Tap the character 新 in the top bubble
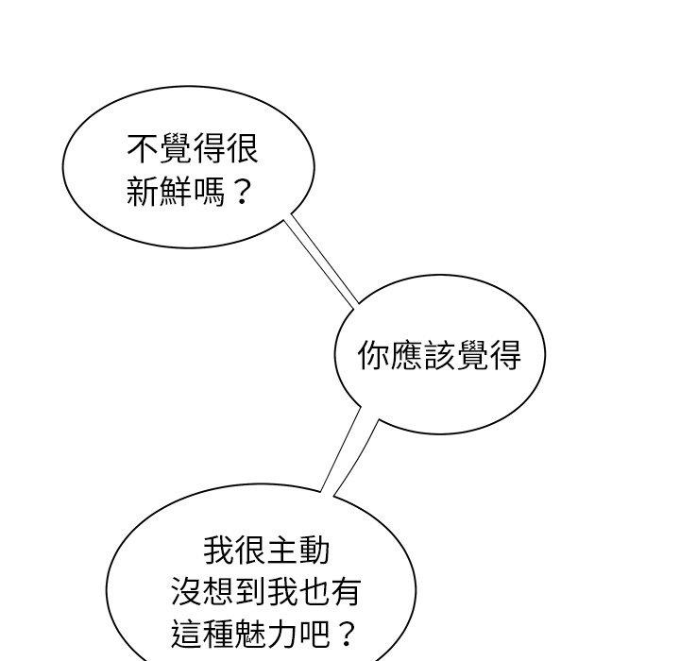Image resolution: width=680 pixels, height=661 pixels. (x=143, y=191)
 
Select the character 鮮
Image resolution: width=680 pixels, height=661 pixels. (x=176, y=191)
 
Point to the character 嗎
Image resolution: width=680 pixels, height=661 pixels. (x=209, y=191)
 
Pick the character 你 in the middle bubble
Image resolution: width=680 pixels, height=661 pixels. (x=374, y=355)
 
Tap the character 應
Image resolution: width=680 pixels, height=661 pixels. (x=406, y=355)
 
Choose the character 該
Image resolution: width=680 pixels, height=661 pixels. (x=439, y=355)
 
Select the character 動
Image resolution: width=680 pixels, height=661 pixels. (x=314, y=551)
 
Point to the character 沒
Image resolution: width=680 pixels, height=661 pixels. (x=187, y=591)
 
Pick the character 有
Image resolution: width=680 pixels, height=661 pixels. (x=347, y=591)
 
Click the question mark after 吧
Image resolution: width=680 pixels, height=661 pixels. (x=346, y=635)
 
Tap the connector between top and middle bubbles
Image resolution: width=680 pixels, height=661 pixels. (x=321, y=261)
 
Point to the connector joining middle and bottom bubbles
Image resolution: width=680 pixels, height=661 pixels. (x=348, y=451)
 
